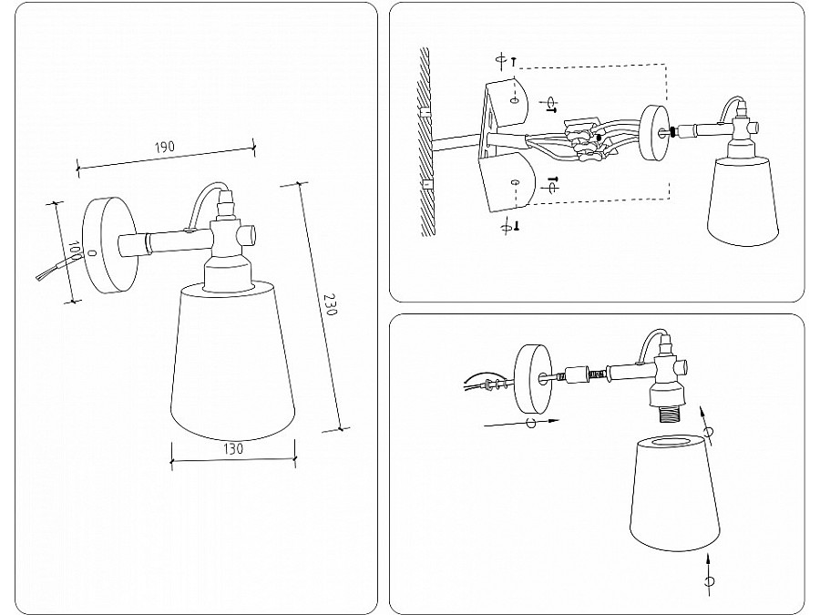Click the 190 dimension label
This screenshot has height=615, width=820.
[164, 147]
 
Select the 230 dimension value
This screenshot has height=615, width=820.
[331, 304]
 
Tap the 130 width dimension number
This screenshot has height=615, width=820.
[233, 448]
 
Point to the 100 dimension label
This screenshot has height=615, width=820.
[74, 251]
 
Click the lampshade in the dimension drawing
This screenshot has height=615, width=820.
[232, 361]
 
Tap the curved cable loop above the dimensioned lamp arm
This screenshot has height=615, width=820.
[207, 201]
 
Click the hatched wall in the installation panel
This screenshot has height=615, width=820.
[425, 141]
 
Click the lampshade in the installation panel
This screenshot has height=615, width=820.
[743, 200]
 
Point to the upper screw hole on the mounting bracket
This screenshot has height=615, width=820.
[515, 100]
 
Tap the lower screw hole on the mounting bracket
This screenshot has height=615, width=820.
[515, 182]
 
